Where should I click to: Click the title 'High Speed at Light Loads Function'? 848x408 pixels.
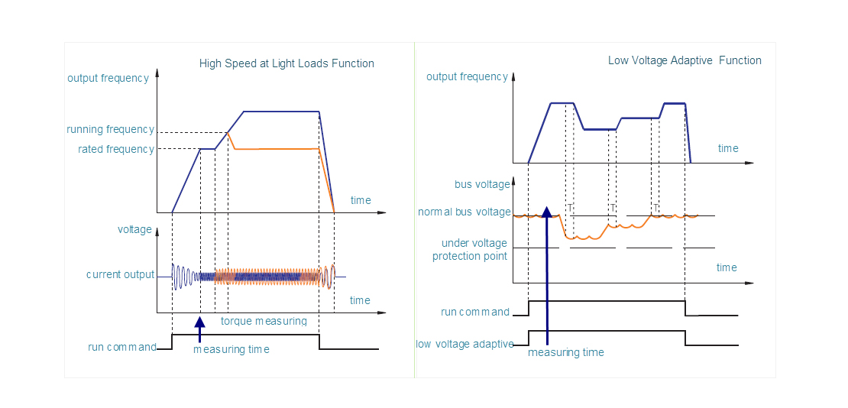286,63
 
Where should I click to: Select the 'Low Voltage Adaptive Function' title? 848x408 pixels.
685,60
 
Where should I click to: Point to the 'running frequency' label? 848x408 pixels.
110,130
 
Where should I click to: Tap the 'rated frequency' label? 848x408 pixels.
115,149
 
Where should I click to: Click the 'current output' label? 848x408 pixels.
120,274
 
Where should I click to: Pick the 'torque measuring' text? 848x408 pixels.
264,321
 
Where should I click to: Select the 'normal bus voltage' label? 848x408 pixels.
464,212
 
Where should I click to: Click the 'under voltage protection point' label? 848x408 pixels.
469,249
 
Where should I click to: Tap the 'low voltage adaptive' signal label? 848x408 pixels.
464,344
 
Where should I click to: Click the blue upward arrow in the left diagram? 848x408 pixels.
200,329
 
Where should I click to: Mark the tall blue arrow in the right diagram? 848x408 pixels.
547,275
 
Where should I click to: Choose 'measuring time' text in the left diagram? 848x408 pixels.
231,349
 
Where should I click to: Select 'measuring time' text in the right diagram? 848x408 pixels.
565,352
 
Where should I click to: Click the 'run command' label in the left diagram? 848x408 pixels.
122,347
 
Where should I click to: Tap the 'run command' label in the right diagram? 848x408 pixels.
475,312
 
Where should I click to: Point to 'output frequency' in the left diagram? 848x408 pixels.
108,78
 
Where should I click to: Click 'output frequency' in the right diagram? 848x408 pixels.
467,76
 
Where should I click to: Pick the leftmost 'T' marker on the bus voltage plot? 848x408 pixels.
570,207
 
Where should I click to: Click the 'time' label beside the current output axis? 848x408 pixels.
360,300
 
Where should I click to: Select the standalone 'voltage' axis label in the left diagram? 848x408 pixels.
134,229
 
